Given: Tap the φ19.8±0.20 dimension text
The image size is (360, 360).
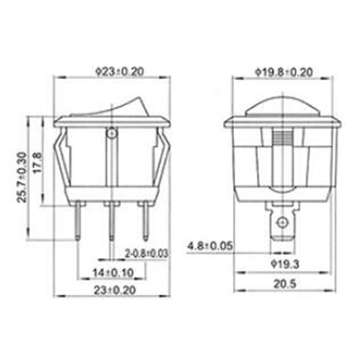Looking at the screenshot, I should pyautogui.click(x=284, y=72).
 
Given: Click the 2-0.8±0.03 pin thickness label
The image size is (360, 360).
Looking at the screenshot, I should pyautogui.click(x=147, y=253).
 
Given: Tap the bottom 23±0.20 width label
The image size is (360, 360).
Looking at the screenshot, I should pyautogui.click(x=113, y=290).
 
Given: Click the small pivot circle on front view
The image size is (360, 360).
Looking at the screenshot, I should pyautogui.click(x=112, y=134).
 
